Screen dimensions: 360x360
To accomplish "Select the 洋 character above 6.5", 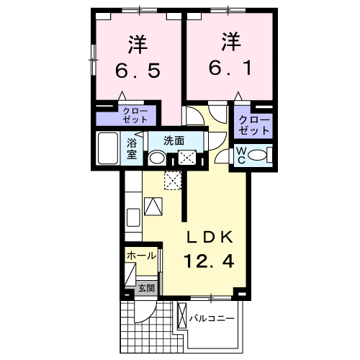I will click(x=137, y=44).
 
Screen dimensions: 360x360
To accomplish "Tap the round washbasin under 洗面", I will click(x=157, y=158).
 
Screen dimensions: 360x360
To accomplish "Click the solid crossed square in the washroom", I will click(x=188, y=158).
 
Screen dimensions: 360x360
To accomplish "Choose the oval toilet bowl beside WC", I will click(x=262, y=154).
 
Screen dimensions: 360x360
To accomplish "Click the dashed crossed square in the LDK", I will click(x=173, y=181).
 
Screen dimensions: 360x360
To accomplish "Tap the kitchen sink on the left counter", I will click(x=133, y=217).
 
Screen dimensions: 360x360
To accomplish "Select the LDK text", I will click(x=212, y=238).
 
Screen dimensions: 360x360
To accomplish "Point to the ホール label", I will click(x=141, y=256).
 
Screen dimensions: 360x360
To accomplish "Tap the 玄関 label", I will click(x=146, y=288).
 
